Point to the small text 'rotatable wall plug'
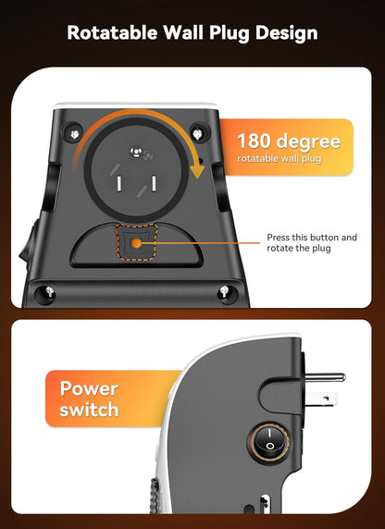click(280, 160)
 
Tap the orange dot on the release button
click(135, 243)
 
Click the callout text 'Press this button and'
click(311, 238)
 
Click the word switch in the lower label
click(90, 411)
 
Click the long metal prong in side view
click(325, 377)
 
